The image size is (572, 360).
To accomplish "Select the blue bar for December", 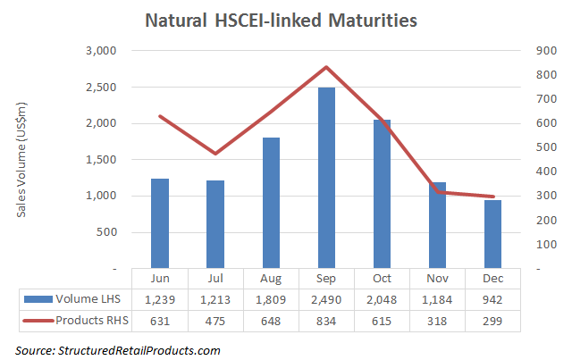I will (x=493, y=233).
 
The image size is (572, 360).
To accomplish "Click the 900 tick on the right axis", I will (x=544, y=51).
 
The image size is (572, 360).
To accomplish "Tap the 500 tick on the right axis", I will (x=544, y=147).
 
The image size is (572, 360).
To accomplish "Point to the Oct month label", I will (x=383, y=278).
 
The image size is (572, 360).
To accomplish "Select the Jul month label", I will (x=215, y=278).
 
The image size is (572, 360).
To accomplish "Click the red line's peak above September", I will (x=327, y=67).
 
